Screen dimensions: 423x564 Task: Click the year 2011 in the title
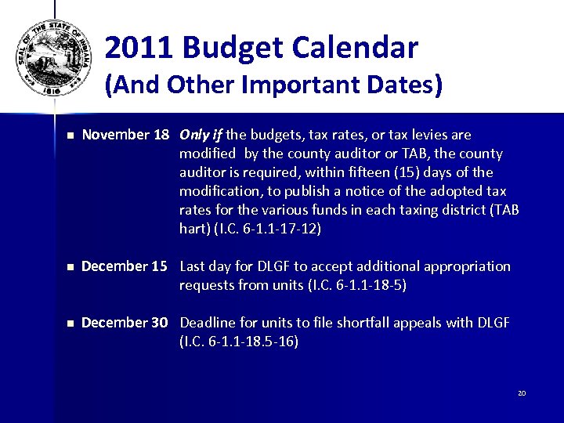141,49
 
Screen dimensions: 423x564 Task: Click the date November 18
125,135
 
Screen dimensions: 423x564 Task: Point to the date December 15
125,266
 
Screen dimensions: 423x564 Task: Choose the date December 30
125,323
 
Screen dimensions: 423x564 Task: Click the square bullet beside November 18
69,136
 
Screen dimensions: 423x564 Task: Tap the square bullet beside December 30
69,324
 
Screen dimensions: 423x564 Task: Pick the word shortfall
360,323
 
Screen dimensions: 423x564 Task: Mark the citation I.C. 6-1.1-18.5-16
239,342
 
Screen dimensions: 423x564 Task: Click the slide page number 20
521,392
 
